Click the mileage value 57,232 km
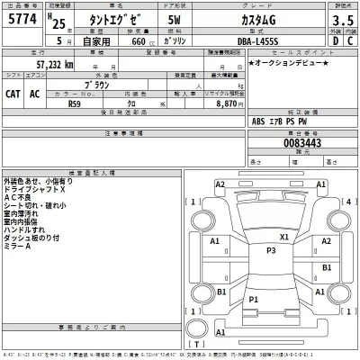pyautogui.click(x=55, y=66)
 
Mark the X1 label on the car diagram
pyautogui.click(x=284, y=238)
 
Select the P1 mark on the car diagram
pyautogui.click(x=254, y=299)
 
